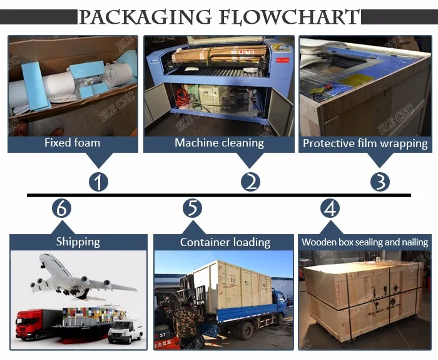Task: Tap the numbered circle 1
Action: [x=98, y=182]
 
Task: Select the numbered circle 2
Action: [x=250, y=182]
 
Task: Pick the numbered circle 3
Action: [x=380, y=182]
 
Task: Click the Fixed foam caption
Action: [x=72, y=143]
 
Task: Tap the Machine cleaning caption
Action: [x=219, y=143]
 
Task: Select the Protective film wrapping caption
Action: [x=365, y=143]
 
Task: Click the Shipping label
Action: [x=78, y=242]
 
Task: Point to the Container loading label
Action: [x=225, y=242]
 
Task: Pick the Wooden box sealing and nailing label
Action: [x=365, y=242]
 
